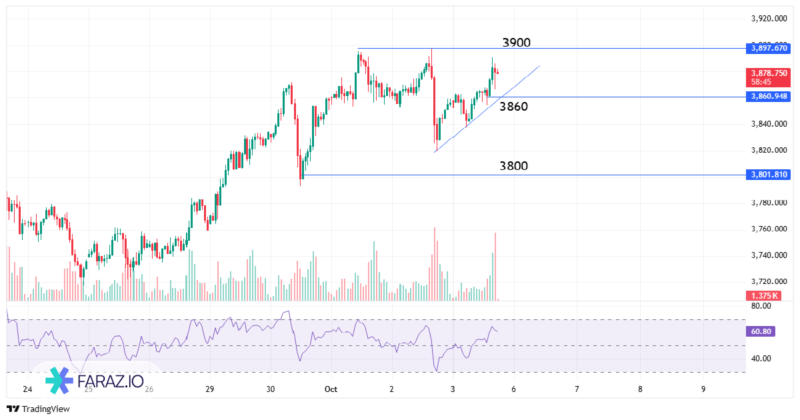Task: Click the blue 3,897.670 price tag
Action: pos(769,48)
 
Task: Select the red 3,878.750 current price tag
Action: pos(769,73)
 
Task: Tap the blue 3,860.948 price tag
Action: pos(769,97)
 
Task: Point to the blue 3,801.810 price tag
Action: pos(769,175)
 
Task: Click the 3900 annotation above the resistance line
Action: pos(516,43)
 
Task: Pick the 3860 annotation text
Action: pos(513,107)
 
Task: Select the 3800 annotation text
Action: pos(513,166)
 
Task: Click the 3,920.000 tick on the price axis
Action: pos(769,19)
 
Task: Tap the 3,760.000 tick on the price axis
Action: pos(769,229)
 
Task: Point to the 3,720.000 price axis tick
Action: pos(769,282)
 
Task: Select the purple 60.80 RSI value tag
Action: pos(761,331)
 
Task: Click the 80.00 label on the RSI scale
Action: pos(761,306)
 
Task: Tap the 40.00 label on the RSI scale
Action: pos(761,359)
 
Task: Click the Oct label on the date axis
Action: pos(331,389)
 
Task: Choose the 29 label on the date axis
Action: pos(209,389)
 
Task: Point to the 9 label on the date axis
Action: pos(703,389)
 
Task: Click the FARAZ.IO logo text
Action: pos(109,382)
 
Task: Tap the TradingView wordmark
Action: pos(45,409)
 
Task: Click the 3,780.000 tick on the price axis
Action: pos(769,203)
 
